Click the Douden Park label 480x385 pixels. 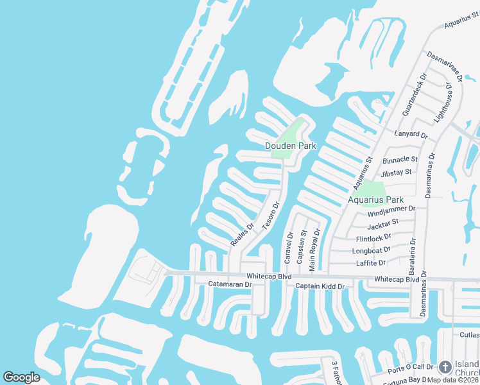(x=291, y=146)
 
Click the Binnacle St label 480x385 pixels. (x=400, y=159)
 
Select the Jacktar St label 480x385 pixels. (x=383, y=224)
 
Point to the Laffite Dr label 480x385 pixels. (x=371, y=263)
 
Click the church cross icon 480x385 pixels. (x=444, y=367)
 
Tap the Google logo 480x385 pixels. (x=21, y=377)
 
